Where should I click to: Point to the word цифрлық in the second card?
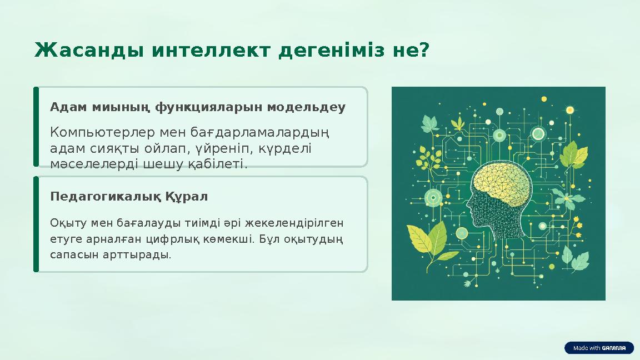click(x=197, y=239)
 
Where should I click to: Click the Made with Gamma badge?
click(x=599, y=348)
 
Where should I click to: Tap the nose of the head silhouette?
click(x=468, y=213)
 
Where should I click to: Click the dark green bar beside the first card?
click(x=36, y=126)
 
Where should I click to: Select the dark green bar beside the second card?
click(x=36, y=224)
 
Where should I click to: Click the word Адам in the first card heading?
click(x=62, y=107)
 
